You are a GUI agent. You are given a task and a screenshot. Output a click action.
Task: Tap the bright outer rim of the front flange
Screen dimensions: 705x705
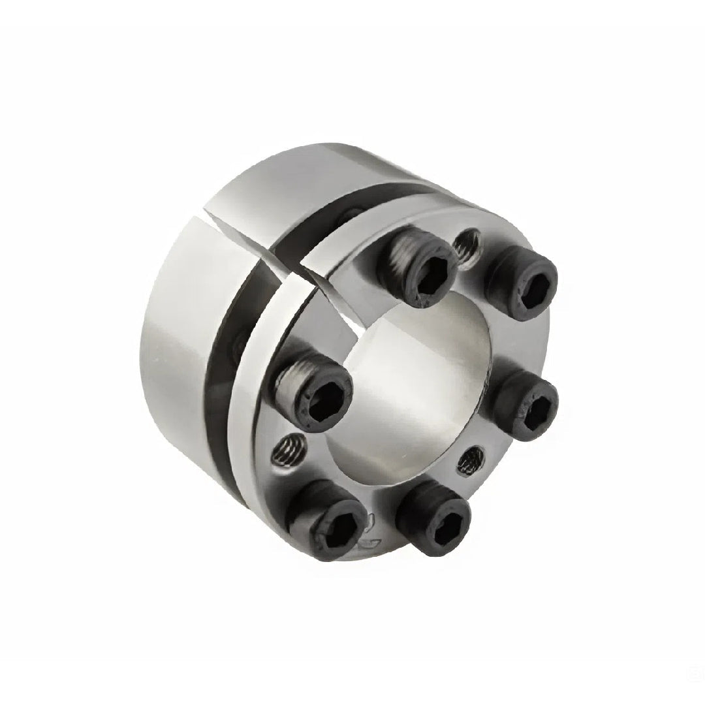(251, 457)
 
